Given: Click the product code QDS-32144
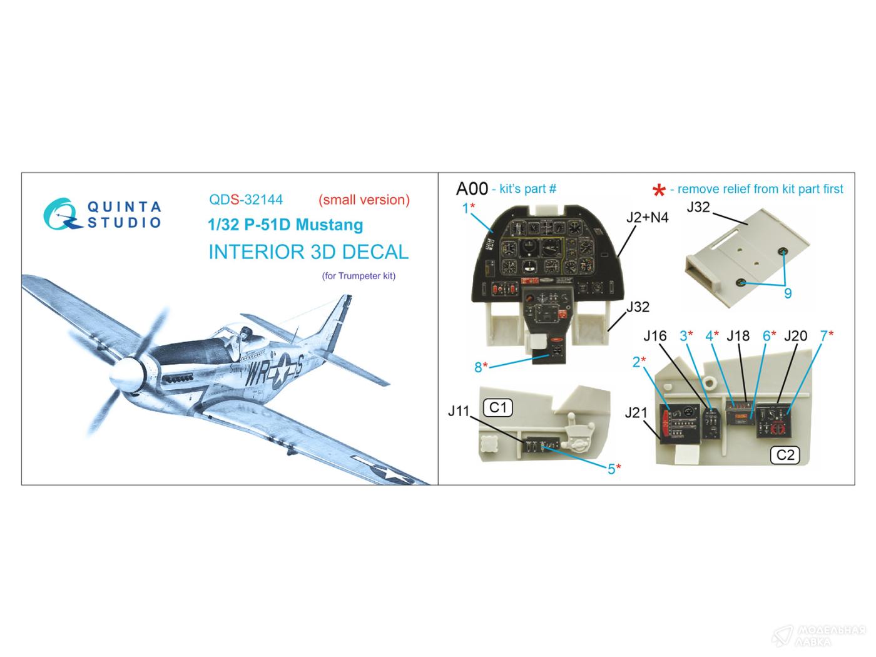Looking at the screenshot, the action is [246, 200].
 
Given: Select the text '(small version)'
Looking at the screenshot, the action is [364, 200].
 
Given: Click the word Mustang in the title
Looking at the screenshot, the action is [329, 225].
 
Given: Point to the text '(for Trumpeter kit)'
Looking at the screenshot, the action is [359, 276].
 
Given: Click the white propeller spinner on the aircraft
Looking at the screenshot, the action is [127, 375].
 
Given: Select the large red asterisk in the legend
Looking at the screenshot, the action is [659, 190].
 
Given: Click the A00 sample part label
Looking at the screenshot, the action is [472, 189].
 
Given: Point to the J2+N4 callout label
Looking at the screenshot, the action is [648, 217].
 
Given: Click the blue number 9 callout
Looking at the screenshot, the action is [788, 293].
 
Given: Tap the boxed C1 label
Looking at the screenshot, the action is [497, 407].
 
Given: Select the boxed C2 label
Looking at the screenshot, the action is [785, 455].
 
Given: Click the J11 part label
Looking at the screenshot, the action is [459, 411].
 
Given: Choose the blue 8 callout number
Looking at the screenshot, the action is [478, 367].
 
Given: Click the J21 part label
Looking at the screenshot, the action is [636, 412].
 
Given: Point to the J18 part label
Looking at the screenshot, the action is [738, 336].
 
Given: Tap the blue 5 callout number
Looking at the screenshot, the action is [611, 469].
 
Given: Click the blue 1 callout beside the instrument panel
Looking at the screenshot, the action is [466, 208].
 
